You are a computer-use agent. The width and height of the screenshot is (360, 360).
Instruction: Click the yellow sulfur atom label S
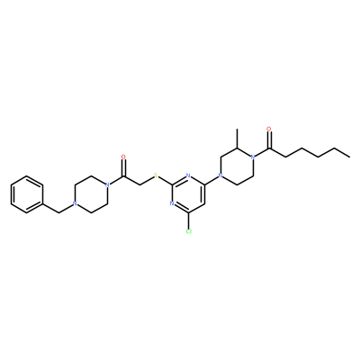pos(156,175)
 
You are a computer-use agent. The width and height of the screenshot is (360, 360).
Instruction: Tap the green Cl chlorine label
pos(188,231)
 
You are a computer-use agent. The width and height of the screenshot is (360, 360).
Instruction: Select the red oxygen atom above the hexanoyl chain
pos(269,130)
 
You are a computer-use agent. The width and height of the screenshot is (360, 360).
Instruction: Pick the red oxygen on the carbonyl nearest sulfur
pos(123,157)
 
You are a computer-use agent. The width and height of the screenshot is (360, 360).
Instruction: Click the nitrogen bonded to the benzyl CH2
pos(75,204)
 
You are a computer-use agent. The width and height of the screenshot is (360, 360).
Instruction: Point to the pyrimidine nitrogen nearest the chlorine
pos(172,203)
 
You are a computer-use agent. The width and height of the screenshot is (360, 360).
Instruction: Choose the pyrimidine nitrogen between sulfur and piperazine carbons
pos(188,175)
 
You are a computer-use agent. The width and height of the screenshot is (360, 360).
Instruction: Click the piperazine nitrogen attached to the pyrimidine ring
pos(221,175)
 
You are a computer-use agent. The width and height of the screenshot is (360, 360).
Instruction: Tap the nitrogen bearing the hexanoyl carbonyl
pos(254,157)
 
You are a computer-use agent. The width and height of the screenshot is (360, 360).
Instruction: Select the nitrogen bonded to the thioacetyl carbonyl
pos(107,185)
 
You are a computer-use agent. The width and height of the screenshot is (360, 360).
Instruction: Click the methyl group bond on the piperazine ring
pos(238,139)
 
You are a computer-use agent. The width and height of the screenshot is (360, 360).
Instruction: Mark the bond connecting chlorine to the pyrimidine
pos(188,220)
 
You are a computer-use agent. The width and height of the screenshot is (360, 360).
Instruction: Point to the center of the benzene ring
pos(26,194)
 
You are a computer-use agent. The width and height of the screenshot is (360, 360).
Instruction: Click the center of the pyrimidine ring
pos(188,194)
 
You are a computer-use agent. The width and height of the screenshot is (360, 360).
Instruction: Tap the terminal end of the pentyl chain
pos(350,157)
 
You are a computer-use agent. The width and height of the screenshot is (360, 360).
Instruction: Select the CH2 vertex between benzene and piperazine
pos(58,213)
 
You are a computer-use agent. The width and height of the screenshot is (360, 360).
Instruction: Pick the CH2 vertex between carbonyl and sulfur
pos(139,185)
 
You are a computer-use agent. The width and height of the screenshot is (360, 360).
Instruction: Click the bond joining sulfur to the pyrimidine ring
pos(166,181)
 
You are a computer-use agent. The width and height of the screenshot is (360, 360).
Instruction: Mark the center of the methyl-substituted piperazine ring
pos(238,166)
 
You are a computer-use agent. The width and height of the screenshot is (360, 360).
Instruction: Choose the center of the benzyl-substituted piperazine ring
pos(91,194)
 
